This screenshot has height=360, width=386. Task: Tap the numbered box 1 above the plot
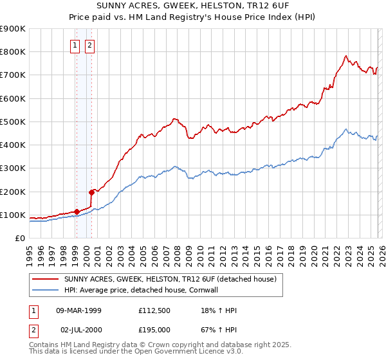pos(76,45)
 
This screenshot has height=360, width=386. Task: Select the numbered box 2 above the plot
pos(89,45)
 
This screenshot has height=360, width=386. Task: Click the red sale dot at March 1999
pos(77,212)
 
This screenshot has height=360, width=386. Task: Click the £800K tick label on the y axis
pos(13,52)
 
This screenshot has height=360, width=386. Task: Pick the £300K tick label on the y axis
pos(13,168)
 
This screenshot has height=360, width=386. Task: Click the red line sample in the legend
pos(45,279)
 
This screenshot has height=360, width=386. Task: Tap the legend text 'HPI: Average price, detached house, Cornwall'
pos(142,290)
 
